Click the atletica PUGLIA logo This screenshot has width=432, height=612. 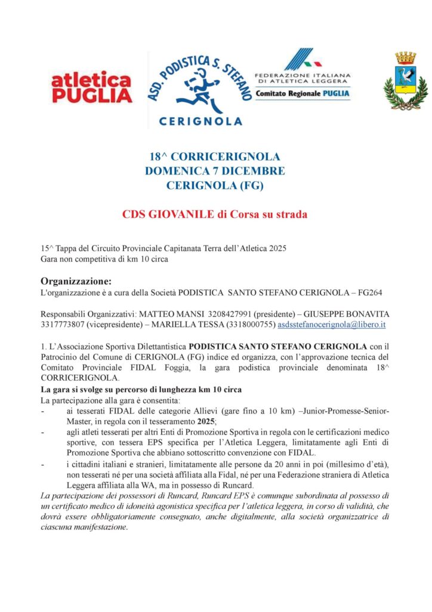(91, 87)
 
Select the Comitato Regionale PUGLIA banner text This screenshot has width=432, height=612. (303, 93)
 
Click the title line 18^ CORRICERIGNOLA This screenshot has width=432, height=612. (215, 157)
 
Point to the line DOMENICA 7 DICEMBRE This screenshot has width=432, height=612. (215, 171)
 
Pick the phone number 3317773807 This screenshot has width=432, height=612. (63, 324)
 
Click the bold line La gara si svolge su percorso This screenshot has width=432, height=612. (140, 389)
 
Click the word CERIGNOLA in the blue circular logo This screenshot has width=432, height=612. (201, 121)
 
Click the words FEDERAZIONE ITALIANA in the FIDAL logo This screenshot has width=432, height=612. (303, 75)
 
